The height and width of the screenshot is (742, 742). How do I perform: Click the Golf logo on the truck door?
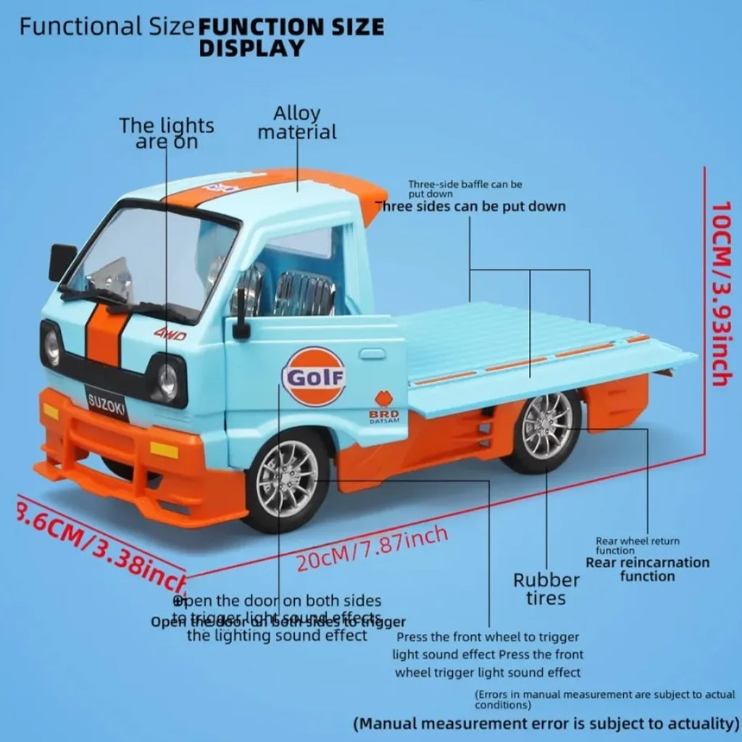313,376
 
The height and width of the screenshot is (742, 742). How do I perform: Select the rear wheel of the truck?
547,427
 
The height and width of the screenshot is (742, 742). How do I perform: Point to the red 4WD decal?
170,334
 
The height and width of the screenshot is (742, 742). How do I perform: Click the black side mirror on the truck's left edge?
62,262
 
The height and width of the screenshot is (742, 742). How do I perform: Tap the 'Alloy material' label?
297,123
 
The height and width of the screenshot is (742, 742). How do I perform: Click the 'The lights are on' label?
167,133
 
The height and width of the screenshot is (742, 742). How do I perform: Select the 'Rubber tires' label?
546,588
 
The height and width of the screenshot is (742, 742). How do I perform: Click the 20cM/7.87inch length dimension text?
372,549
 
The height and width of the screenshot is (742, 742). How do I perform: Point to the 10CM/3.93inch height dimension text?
722,293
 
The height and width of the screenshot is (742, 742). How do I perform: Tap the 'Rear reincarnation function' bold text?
647,569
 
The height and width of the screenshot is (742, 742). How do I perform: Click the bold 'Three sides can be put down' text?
471,207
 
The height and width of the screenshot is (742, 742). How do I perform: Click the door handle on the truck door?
372,354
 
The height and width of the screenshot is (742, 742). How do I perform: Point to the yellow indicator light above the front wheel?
164,450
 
